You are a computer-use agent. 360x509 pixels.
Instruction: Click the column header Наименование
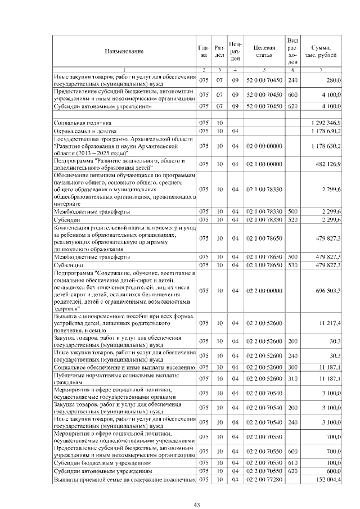pyautogui.click(x=123, y=51)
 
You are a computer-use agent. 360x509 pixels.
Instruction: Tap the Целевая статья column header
pyautogui.click(x=264, y=51)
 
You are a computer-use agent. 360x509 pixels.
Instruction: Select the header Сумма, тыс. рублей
pyautogui.click(x=321, y=51)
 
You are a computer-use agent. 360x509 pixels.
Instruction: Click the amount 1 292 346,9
pyautogui.click(x=326, y=122)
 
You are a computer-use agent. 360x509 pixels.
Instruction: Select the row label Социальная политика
pyautogui.click(x=83, y=122)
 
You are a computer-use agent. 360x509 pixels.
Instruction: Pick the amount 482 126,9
pyautogui.click(x=328, y=164)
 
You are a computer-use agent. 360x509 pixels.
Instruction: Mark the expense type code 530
pyautogui.click(x=292, y=264)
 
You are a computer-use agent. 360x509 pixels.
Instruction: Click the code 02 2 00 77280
pyautogui.click(x=264, y=479)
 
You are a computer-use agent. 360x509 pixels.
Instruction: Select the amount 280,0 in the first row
pyautogui.click(x=333, y=80)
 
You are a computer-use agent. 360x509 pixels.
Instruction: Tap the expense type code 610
pyautogui.click(x=292, y=462)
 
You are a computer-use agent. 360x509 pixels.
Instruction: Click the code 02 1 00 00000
pyautogui.click(x=264, y=164)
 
